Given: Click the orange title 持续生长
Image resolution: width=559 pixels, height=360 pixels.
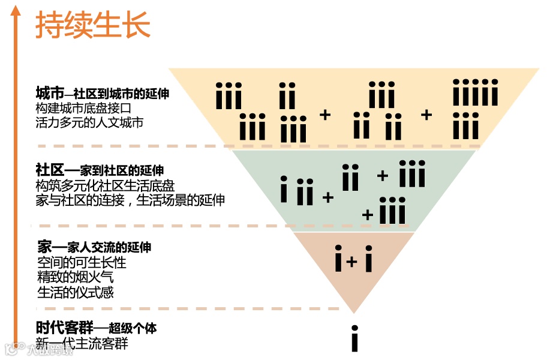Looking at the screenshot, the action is [x=92, y=25].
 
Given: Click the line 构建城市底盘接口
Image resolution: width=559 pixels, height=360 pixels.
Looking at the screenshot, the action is [x=83, y=108].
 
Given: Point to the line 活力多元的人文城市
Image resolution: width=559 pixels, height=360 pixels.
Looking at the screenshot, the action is [x=89, y=122].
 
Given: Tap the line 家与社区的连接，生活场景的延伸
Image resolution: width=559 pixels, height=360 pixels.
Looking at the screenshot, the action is [x=130, y=200].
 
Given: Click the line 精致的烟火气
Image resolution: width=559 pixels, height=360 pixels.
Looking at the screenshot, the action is [x=74, y=278].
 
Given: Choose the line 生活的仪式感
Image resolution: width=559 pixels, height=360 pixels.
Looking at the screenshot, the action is [x=74, y=292].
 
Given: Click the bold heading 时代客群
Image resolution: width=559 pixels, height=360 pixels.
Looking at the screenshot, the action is [x=64, y=328].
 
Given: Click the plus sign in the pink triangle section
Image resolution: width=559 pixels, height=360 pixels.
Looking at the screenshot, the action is [x=352, y=262].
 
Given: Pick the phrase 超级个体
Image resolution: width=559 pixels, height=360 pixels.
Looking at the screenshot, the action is [x=133, y=328].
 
